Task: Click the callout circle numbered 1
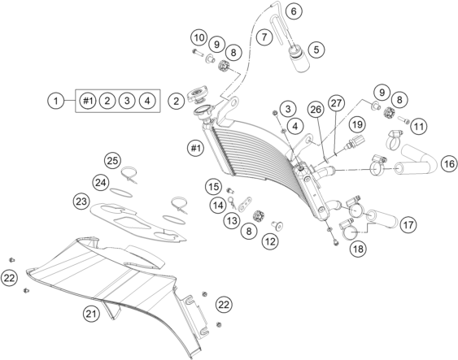[56, 101]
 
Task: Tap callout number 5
[316, 50]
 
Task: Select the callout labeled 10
[199, 38]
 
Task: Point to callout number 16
[449, 163]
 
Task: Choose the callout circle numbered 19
[357, 124]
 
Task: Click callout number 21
[91, 314]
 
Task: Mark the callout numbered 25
[113, 160]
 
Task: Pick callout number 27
[336, 103]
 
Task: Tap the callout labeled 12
[270, 241]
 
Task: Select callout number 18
[359, 249]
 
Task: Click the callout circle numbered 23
[81, 202]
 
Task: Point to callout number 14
[218, 206]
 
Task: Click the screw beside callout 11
[403, 120]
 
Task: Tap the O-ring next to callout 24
[121, 193]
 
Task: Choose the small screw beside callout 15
[230, 191]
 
